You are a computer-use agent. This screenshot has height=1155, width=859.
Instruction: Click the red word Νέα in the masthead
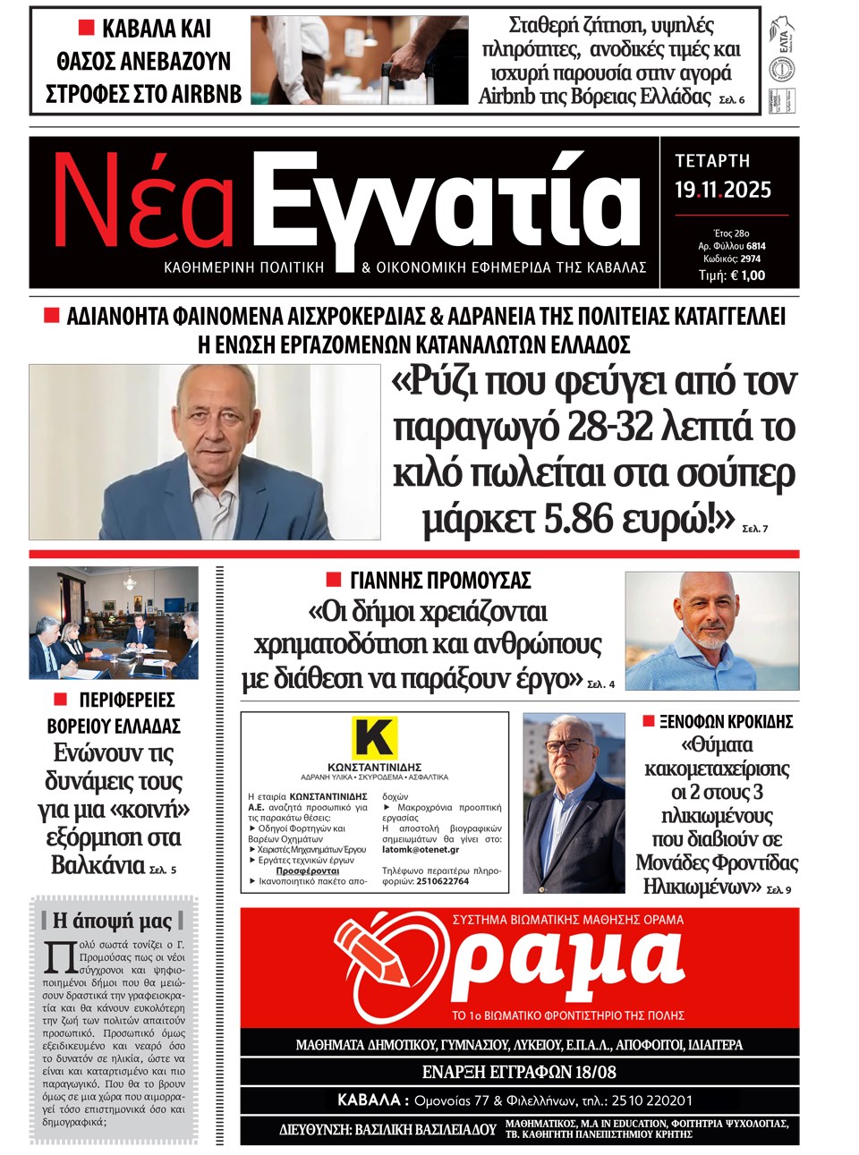pos(143,204)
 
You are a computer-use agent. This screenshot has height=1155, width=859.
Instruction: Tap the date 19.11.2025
pos(722,190)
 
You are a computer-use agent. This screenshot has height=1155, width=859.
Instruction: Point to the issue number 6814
pos(755,246)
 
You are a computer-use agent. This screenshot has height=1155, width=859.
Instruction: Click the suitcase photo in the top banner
pos(359,60)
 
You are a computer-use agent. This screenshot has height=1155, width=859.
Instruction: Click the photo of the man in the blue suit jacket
pos(205,453)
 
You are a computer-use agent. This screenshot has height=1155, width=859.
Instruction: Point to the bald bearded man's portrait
pos(711,632)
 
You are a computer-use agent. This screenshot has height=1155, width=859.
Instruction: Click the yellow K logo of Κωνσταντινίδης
pos(374,737)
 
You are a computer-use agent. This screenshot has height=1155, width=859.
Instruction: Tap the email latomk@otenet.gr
pos(421,850)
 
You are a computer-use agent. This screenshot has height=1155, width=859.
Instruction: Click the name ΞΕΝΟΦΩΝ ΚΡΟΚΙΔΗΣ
pos(726,722)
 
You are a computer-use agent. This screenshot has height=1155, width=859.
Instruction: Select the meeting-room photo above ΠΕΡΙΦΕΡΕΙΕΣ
pos(114,623)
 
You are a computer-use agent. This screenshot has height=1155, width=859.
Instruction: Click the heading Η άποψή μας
pos(112,920)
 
